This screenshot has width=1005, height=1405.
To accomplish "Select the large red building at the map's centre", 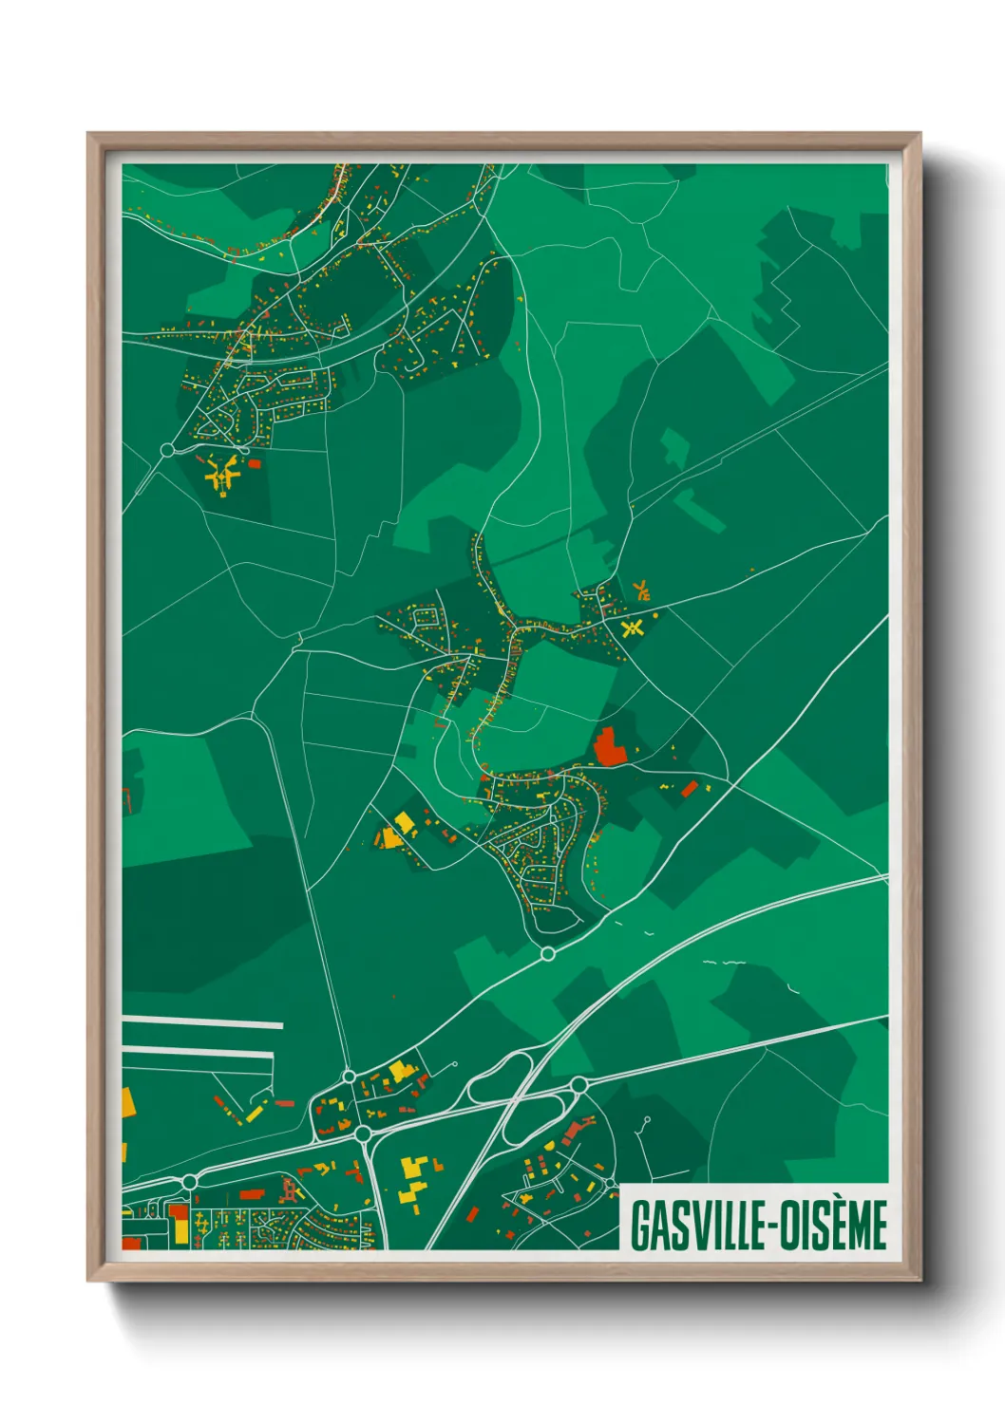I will click(610, 747).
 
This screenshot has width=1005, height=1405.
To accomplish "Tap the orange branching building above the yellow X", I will click(641, 590).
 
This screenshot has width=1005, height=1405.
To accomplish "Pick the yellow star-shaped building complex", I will click(222, 472).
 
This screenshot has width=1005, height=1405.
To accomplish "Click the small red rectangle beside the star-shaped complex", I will click(255, 463).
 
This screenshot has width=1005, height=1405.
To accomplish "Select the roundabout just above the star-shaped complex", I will click(168, 449).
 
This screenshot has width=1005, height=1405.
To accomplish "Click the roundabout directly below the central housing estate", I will click(547, 953).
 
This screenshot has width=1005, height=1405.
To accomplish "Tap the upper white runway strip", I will click(202, 1022).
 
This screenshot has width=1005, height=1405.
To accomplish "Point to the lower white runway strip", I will click(197, 1051).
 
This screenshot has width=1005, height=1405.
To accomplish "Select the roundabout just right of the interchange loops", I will click(578, 1084).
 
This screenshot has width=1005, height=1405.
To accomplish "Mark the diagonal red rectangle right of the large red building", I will click(690, 788).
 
